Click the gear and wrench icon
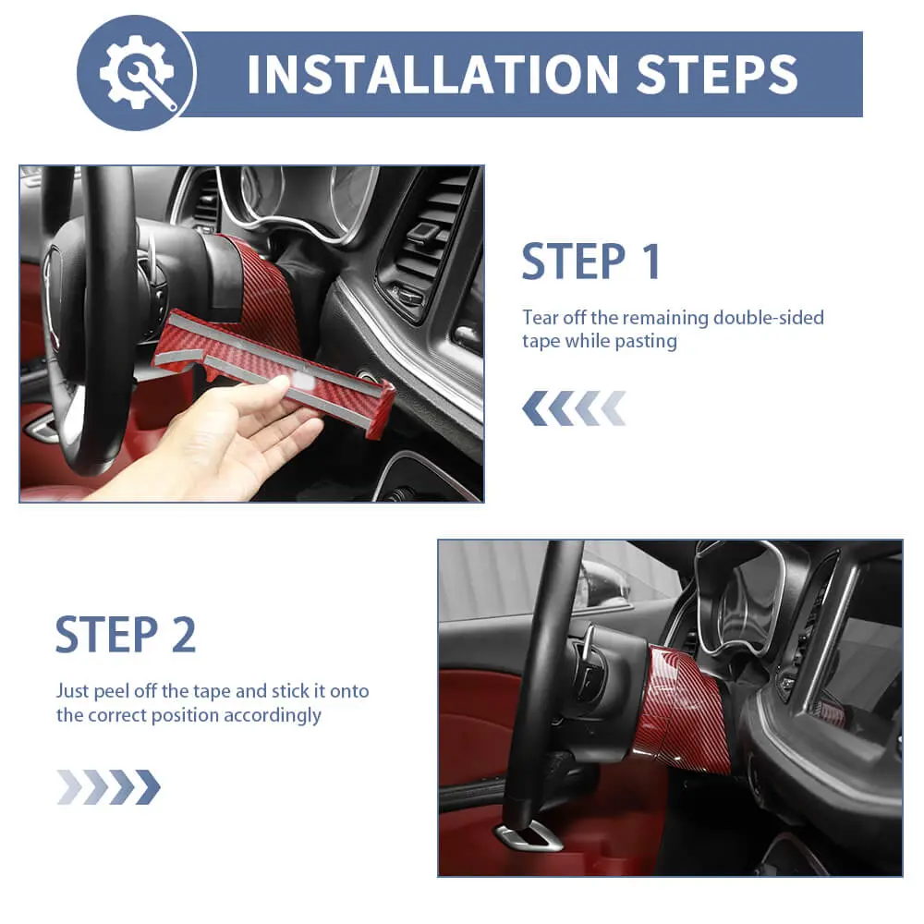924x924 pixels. (x=136, y=72)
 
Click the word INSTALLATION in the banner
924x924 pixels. (x=432, y=74)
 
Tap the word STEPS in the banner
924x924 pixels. (x=717, y=74)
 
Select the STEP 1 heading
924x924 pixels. (x=591, y=261)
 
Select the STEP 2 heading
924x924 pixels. (x=126, y=635)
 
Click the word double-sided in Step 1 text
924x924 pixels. (x=769, y=318)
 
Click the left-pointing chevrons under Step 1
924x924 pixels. (x=574, y=407)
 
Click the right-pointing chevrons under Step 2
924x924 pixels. (x=108, y=786)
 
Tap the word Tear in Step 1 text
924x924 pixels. (x=540, y=318)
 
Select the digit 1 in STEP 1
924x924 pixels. (x=651, y=261)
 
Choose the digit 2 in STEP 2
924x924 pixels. (x=183, y=635)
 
